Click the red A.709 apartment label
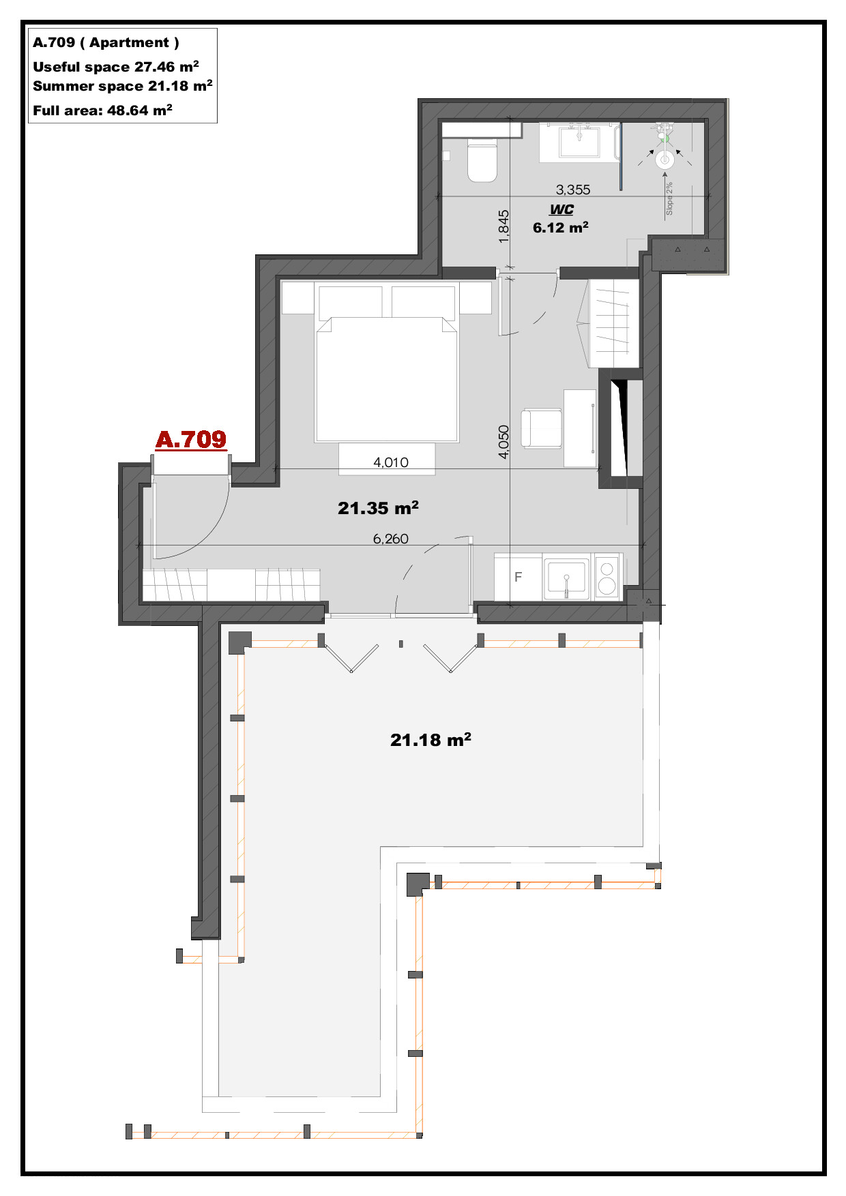pos(191,439)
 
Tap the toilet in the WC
pos(482,160)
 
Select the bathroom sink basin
pos(579,143)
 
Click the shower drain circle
pos(665,160)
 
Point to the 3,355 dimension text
pos(573,190)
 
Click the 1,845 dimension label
pos(504,226)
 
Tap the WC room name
pos(561,209)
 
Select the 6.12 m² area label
pos(561,228)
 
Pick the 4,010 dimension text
pos(391,462)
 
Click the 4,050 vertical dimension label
pos(504,442)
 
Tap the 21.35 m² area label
pos(378,508)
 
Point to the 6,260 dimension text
pos(391,539)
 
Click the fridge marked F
pos(518,578)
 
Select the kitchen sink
pos(566,578)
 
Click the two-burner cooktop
pos(607,577)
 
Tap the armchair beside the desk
pos(542,429)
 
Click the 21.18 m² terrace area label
pos(431,740)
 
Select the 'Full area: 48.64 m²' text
pos(102,110)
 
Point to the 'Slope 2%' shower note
pos(669,198)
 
